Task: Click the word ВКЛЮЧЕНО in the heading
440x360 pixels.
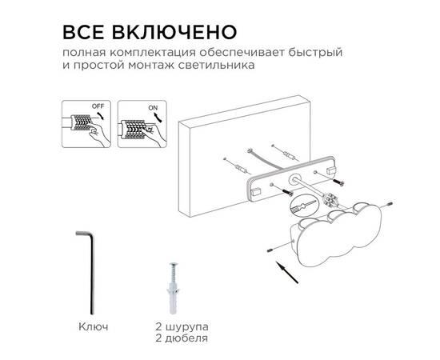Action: [x=173, y=32]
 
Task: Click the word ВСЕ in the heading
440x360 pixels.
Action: [x=85, y=32]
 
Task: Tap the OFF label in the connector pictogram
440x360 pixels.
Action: [x=98, y=106]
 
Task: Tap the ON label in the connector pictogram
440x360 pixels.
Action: [x=153, y=106]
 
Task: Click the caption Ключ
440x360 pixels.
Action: [x=93, y=327]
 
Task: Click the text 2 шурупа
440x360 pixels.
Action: [x=183, y=327]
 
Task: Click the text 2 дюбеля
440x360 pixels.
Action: [x=183, y=338]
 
